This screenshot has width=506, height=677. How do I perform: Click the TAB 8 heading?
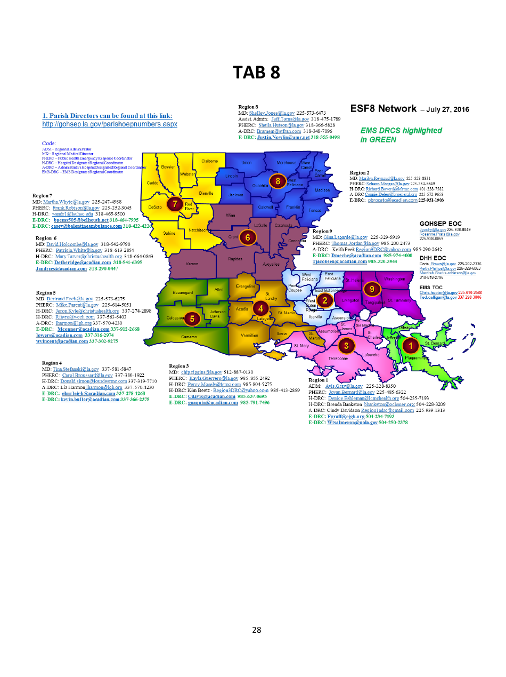click(x=256, y=73)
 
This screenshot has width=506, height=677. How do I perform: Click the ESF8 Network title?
click(x=383, y=109)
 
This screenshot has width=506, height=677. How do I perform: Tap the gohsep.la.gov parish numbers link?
click(x=109, y=124)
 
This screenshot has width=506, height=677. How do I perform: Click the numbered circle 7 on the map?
click(x=174, y=204)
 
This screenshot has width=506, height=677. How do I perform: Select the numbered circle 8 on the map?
click(x=278, y=181)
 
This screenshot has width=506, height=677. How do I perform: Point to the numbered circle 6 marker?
click(x=247, y=236)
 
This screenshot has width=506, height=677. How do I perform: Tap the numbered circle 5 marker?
click(x=192, y=318)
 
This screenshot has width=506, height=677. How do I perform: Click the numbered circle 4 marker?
click(x=260, y=308)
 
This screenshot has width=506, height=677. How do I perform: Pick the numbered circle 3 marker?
click(x=346, y=345)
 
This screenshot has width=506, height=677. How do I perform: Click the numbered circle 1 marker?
click(x=411, y=345)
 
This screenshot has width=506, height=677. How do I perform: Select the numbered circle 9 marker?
click(x=372, y=289)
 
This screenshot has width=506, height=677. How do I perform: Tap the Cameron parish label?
click(x=189, y=337)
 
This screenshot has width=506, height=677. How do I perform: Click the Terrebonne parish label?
click(x=338, y=359)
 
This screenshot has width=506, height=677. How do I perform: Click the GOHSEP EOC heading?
click(x=440, y=224)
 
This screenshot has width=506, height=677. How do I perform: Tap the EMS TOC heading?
click(x=431, y=287)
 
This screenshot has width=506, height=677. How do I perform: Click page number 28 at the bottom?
click(x=256, y=630)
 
